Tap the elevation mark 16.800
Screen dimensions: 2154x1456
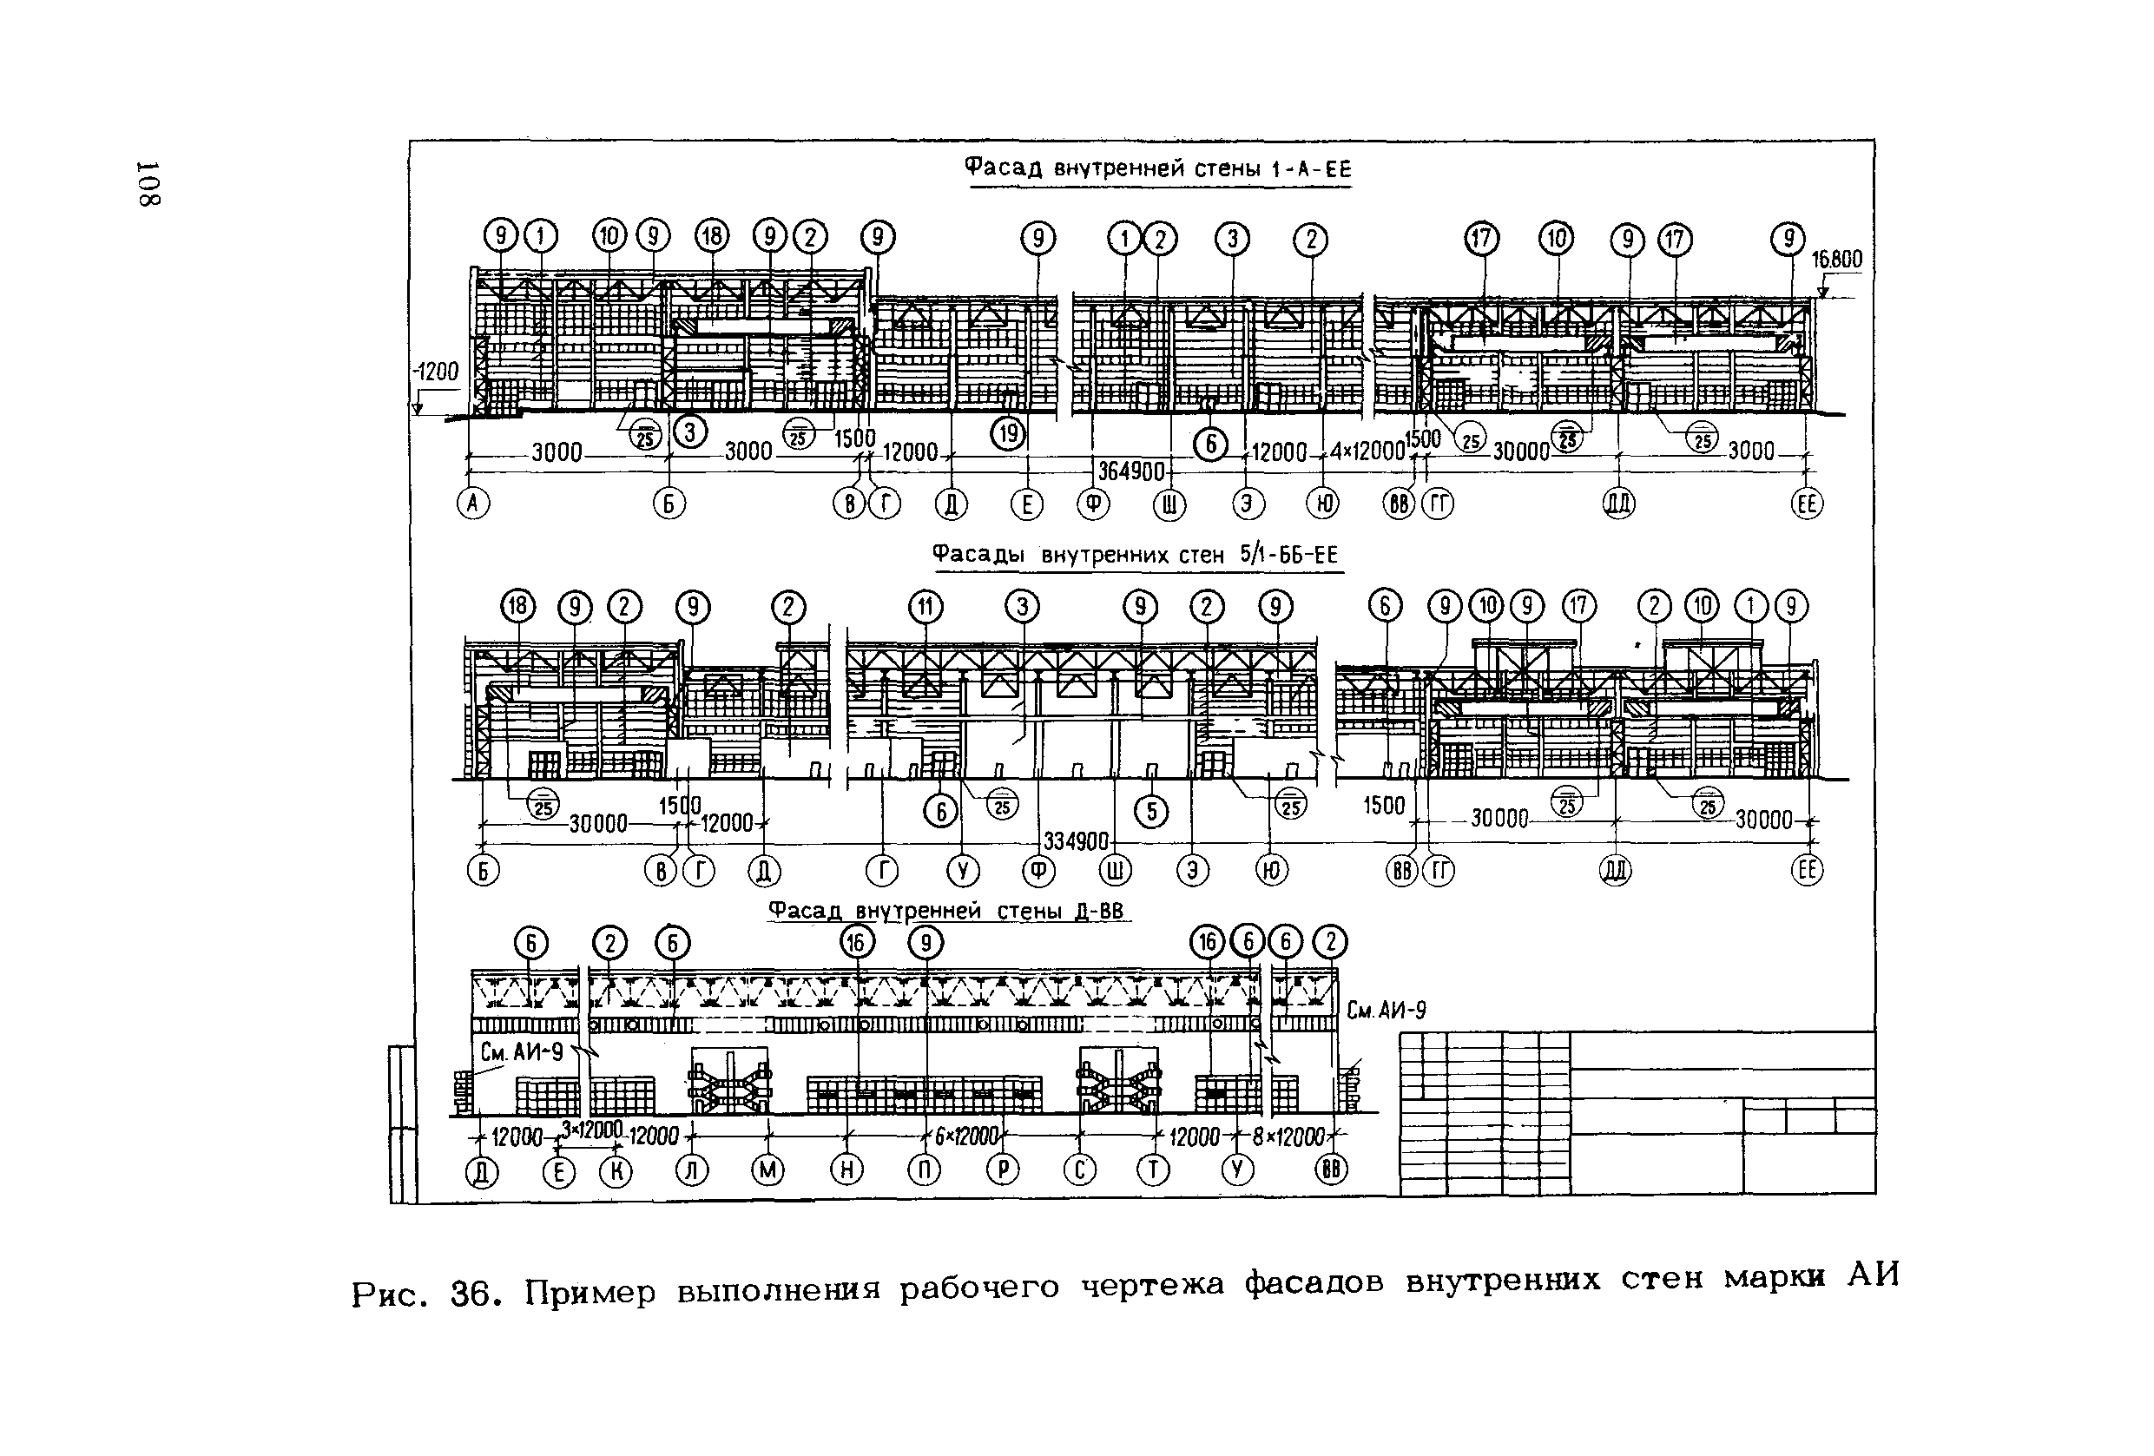[1836, 260]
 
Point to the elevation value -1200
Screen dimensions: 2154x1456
[436, 372]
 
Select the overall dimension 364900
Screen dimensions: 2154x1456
[1130, 471]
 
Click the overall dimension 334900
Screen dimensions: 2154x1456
[1076, 841]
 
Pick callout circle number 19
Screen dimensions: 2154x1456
[1009, 434]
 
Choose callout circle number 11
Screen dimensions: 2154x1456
[925, 607]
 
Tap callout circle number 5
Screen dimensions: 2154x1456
[1151, 812]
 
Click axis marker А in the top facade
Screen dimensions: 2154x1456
[474, 504]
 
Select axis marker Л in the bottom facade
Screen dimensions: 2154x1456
[691, 1170]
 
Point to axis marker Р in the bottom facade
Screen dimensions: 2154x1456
[1002, 1170]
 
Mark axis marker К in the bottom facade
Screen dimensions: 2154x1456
[616, 1172]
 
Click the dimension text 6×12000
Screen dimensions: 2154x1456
[965, 1136]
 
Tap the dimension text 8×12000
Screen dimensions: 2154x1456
[1288, 1136]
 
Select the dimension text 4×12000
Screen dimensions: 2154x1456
[1367, 451]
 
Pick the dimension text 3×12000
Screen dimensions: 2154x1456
[591, 1130]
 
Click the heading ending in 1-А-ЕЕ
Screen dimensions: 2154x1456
[1158, 168]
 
